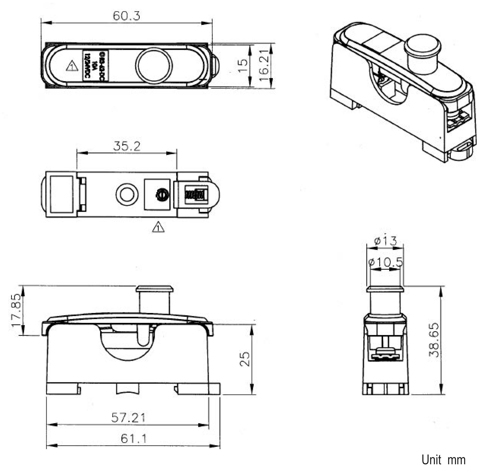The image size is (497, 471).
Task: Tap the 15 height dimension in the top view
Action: pos(243,65)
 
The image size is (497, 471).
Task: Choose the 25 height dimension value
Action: pos(244,359)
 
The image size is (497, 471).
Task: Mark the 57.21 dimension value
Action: pos(128,418)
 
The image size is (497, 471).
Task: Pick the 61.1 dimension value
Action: pos(133,439)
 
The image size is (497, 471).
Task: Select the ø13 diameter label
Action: pos(385,241)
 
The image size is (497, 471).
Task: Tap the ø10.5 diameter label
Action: pos(385,262)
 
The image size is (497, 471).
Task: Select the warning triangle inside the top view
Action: pos(72,66)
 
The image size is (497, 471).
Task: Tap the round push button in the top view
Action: pos(154,65)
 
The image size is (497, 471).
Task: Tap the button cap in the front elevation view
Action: pos(155,289)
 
